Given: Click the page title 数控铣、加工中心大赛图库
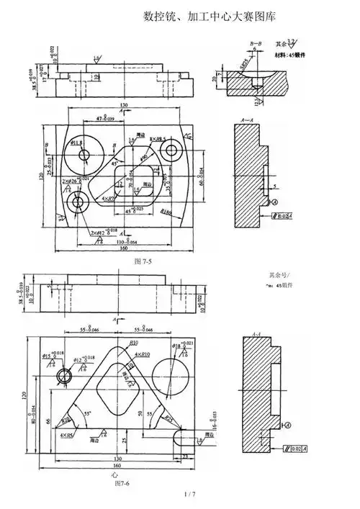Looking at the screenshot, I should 210,15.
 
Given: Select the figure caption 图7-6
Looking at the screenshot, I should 122,483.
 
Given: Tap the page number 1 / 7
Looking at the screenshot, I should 190,494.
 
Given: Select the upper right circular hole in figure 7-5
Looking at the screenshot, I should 171,150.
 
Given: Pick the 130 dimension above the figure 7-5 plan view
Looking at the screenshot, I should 125,105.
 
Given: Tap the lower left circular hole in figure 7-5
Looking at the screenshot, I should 77,205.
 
